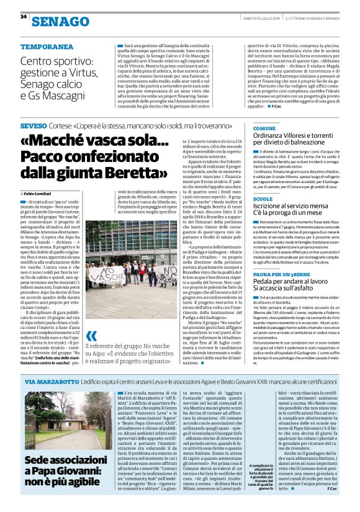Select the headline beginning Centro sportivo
60,79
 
